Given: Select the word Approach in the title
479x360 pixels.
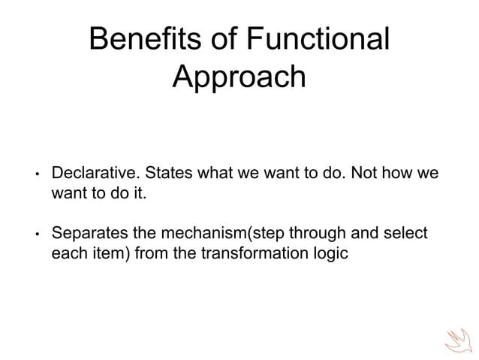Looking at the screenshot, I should [239, 77].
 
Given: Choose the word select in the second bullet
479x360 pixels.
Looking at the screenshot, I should [406, 234].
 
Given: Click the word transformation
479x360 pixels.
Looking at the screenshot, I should [256, 253].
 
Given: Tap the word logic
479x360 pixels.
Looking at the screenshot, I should [331, 253].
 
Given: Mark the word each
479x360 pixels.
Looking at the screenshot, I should [67, 253].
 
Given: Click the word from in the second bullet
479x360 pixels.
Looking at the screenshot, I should [154, 253].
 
